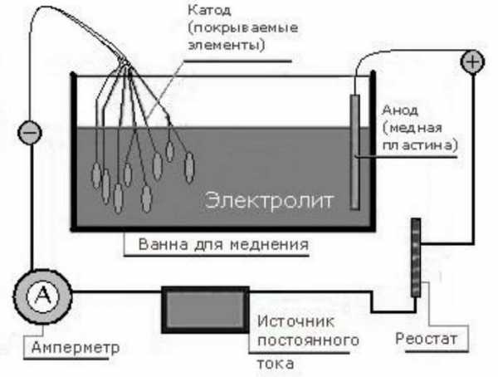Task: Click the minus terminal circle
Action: (30, 133)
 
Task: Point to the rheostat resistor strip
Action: (417, 258)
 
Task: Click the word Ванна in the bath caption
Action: (151, 246)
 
